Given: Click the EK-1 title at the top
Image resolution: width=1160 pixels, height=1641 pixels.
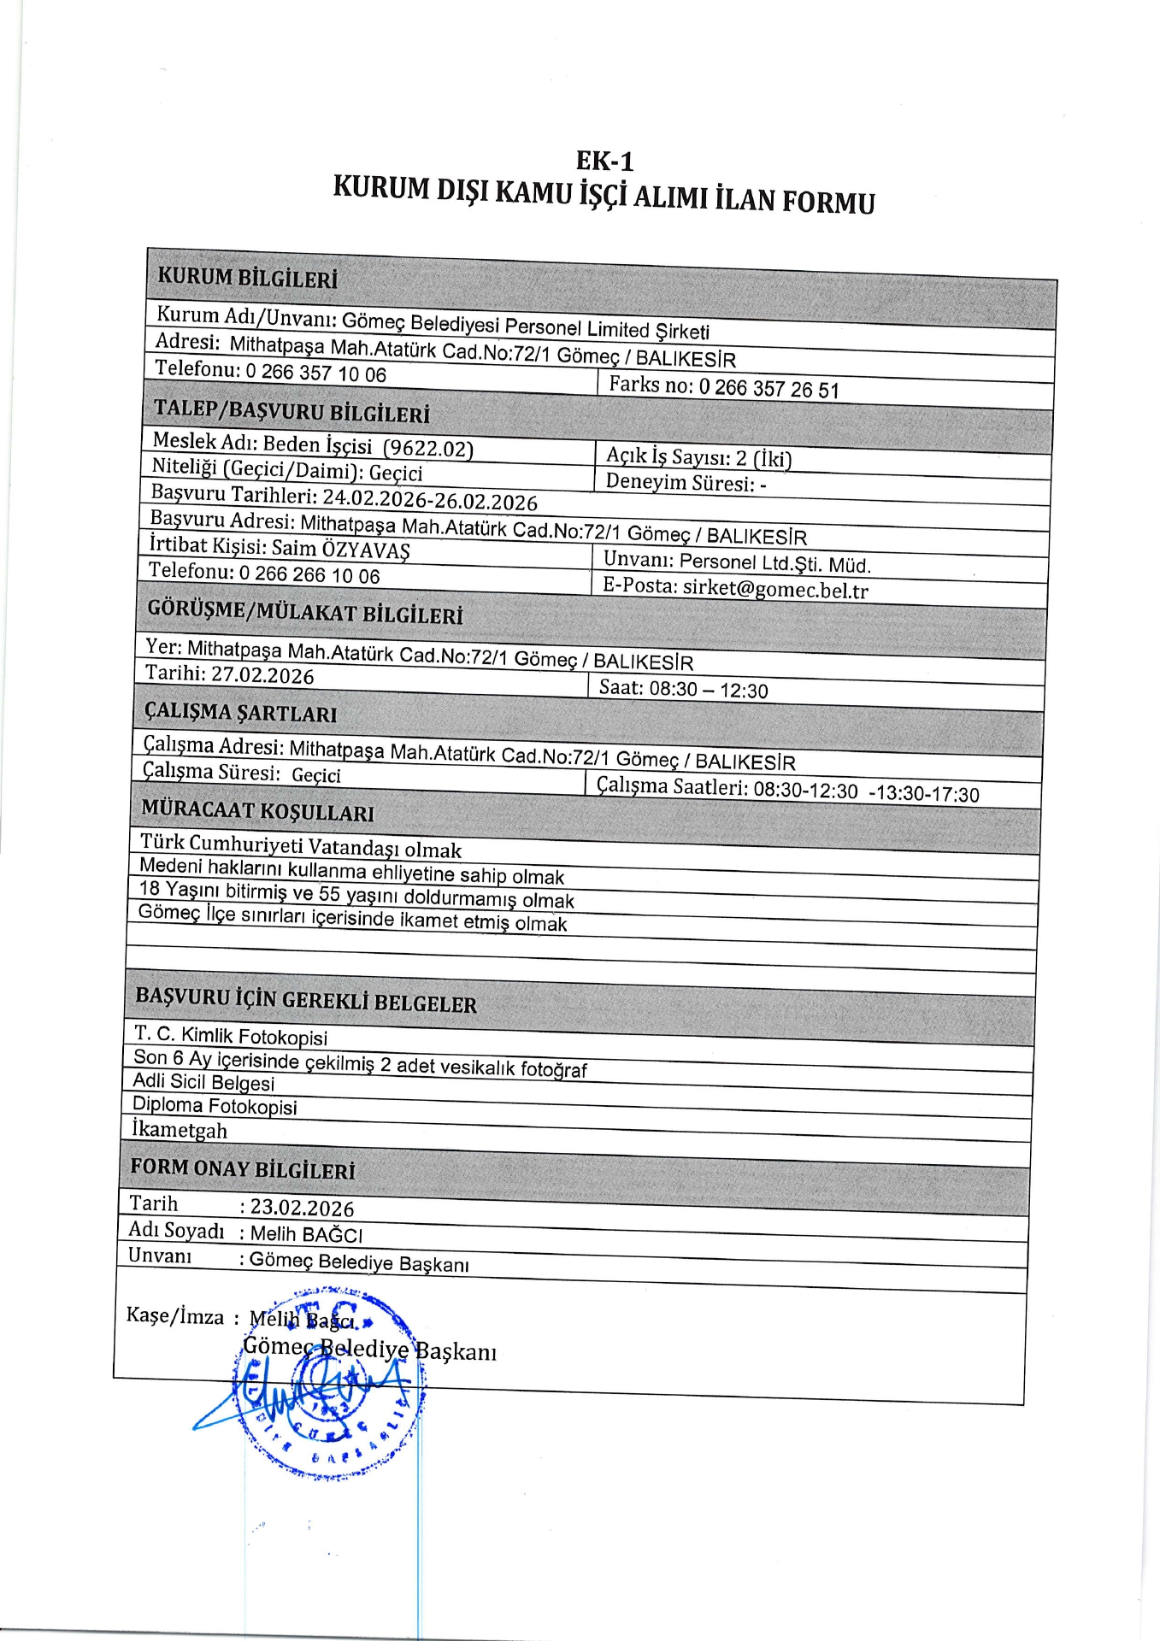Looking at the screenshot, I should pos(604,161).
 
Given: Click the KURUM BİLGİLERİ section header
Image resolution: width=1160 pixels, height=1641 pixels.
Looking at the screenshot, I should pos(247,278).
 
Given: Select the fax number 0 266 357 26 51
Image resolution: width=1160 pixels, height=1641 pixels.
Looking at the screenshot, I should pos(768,389).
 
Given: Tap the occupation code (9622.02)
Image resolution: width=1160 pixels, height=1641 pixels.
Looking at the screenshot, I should pos(427,449).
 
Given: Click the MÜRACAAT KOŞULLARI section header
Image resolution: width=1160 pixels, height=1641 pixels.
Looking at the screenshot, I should pos(257,810).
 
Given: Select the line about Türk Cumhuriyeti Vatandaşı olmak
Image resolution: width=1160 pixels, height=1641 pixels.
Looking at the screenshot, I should pos(301,847).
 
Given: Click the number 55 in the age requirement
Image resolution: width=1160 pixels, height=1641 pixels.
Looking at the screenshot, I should pos(329,894).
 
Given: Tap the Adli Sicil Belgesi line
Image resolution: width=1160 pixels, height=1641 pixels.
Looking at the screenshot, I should pos(203,1083).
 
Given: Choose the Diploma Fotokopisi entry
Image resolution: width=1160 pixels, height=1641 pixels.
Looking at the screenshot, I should pos(215,1106).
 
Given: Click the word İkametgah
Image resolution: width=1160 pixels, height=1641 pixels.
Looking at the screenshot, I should pos(180,1130).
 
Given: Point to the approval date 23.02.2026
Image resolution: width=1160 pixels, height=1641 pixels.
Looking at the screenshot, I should pos(302,1208).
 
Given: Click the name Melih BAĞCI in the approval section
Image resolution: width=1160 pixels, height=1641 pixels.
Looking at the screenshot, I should pos(306,1235).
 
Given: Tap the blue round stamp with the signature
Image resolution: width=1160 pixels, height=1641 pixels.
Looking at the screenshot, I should pos(329,1385).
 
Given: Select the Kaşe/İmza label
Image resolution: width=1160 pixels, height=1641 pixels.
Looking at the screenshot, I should pos(175,1316).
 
